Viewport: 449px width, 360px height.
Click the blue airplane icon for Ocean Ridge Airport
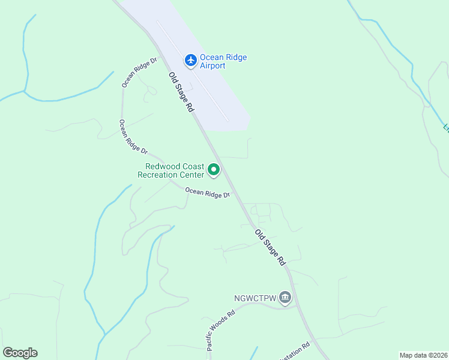[191, 60]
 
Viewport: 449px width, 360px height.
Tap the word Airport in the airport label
[212, 66]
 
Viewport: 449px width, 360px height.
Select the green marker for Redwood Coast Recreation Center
[213, 170]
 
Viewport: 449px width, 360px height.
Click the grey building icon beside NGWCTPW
[285, 298]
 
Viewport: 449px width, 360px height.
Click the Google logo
[20, 353]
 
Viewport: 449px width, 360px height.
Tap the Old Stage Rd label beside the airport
[181, 92]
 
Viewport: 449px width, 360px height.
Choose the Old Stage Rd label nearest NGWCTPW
[270, 248]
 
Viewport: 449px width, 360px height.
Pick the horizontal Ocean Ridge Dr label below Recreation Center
[208, 193]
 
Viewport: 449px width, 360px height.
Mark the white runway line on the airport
[192, 71]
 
